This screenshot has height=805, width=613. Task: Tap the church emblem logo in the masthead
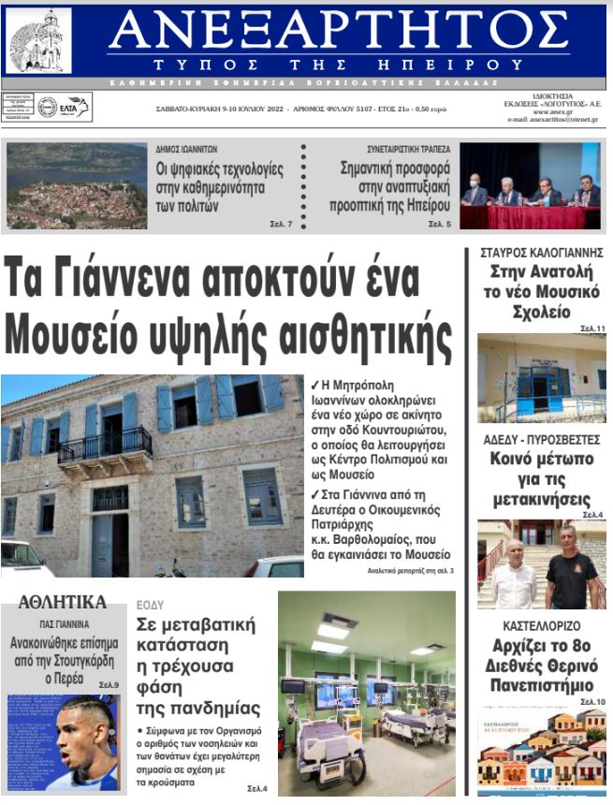39,40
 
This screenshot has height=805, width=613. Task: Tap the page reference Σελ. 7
282,225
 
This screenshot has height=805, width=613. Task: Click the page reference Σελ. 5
440,225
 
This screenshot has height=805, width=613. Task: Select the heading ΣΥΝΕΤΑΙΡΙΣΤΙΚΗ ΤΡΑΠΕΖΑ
408,149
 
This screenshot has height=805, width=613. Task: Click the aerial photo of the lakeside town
77,185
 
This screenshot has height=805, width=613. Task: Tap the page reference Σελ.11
592,329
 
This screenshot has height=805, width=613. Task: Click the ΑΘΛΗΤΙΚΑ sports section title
63,602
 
